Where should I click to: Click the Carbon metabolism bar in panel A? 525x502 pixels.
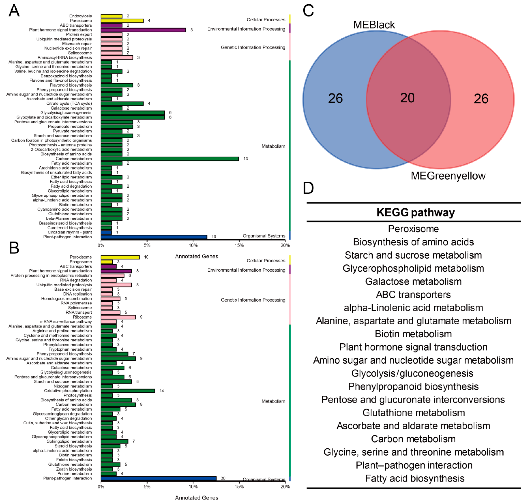(169, 159)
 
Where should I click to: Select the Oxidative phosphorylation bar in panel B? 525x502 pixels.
(128, 391)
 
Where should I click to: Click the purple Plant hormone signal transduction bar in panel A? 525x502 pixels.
(143, 30)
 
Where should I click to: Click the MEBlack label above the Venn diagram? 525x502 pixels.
(374, 25)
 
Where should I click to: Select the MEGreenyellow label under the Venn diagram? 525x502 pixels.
(448, 176)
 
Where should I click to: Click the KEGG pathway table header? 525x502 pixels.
(415, 212)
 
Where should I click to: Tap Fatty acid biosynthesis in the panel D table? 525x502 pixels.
(415, 478)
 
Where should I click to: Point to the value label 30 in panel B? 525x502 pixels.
(223, 478)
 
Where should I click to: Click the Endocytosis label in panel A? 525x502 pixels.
(80, 16)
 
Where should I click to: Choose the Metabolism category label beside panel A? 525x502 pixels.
(273, 146)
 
